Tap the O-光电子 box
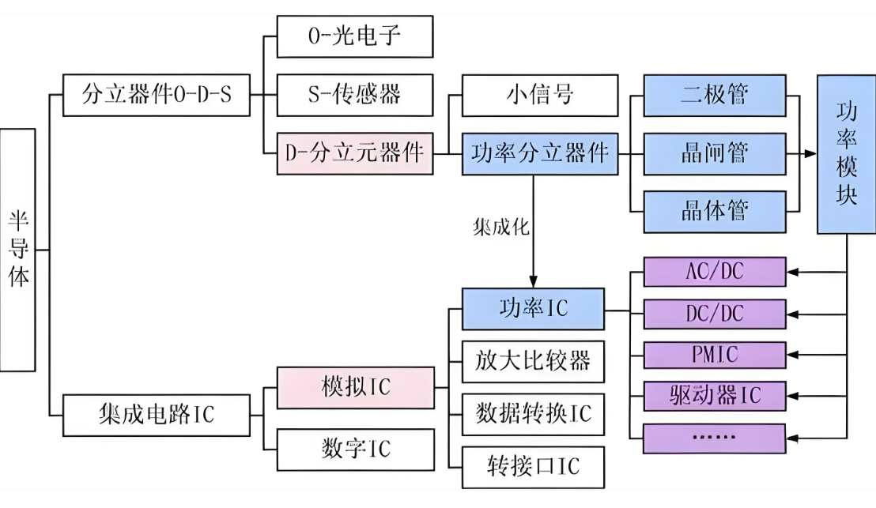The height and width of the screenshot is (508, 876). pos(355,36)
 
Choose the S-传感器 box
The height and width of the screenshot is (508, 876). pos(355,95)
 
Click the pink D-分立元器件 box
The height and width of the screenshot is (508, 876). pos(355,153)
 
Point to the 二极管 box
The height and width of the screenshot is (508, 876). pos(715,95)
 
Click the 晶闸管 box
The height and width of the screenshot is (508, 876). pos(715,153)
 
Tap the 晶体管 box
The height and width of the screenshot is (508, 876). pos(715,212)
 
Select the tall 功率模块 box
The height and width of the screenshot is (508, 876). pos(846,154)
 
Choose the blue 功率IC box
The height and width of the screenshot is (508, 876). pos(533,308)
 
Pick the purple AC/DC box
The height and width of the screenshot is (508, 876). pos(715,273)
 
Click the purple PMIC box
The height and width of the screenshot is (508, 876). pos(715,355)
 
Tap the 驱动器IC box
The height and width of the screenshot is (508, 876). pos(715,395)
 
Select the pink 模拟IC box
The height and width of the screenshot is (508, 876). pos(355,388)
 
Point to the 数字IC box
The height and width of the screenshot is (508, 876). pos(355,450)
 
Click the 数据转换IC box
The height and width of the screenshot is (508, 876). pos(533,414)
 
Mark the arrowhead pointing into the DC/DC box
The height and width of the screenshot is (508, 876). pos(793,314)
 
